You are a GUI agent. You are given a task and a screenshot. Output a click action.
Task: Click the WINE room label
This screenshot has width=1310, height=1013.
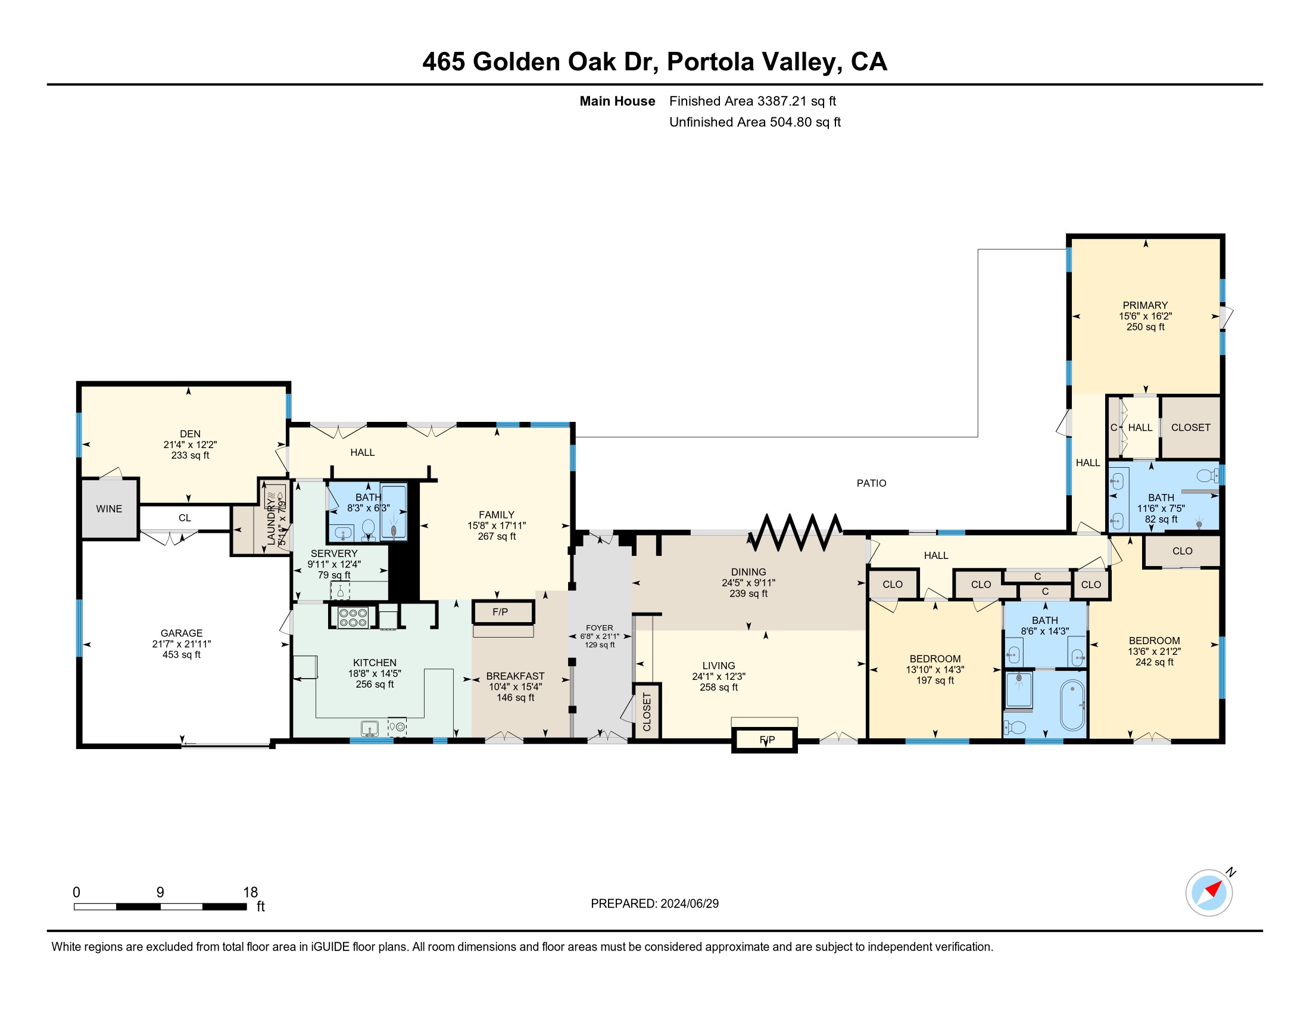pyautogui.click(x=109, y=509)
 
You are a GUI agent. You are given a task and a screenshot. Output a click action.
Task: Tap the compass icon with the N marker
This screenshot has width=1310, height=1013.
pyautogui.click(x=1209, y=893)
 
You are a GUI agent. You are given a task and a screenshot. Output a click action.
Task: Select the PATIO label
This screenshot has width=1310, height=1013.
pyautogui.click(x=871, y=483)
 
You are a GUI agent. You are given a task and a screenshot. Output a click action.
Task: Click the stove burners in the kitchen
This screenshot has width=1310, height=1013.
pyautogui.click(x=353, y=618)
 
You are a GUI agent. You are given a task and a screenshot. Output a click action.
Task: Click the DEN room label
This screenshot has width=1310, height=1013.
pyautogui.click(x=190, y=434)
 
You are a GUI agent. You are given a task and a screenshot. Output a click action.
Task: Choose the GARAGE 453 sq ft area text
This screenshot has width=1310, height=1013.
pyautogui.click(x=181, y=655)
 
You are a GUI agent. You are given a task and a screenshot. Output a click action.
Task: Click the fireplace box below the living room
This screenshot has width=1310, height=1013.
pyautogui.click(x=764, y=740)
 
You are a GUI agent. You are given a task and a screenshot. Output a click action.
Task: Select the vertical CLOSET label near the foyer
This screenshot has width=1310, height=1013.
pyautogui.click(x=647, y=712)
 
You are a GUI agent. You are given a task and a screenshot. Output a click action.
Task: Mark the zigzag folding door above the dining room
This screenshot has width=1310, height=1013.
pyautogui.click(x=796, y=532)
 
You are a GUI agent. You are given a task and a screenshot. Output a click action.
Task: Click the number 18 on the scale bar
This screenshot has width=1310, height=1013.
pyautogui.click(x=250, y=893)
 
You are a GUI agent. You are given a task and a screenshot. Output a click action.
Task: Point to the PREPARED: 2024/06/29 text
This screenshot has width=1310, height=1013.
pyautogui.click(x=654, y=904)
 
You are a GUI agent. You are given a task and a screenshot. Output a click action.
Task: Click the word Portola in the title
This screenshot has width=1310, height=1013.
pyautogui.click(x=710, y=62)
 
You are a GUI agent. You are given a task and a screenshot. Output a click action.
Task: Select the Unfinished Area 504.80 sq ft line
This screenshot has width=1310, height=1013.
pyautogui.click(x=754, y=122)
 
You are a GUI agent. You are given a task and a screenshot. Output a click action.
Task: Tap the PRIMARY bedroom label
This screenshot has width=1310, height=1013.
pyautogui.click(x=1145, y=306)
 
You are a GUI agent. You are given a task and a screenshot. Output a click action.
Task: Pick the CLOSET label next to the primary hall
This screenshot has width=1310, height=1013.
pyautogui.click(x=1191, y=428)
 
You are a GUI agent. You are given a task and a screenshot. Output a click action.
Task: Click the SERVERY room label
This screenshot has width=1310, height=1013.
pyautogui.click(x=334, y=554)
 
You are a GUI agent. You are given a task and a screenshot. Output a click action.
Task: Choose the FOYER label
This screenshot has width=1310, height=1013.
pyautogui.click(x=600, y=627)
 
